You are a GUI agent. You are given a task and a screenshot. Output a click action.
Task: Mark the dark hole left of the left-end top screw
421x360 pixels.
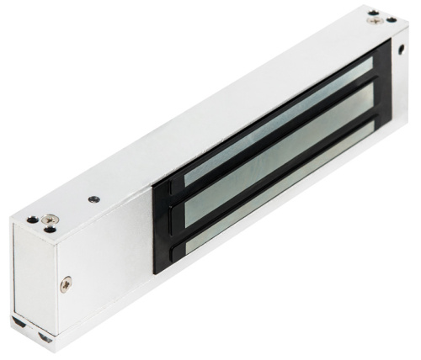[x=31, y=219]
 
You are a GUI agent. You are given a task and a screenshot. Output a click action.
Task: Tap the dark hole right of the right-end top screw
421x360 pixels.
[x=390, y=18]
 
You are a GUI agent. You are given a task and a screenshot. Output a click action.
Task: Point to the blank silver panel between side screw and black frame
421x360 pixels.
[x=118, y=252]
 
